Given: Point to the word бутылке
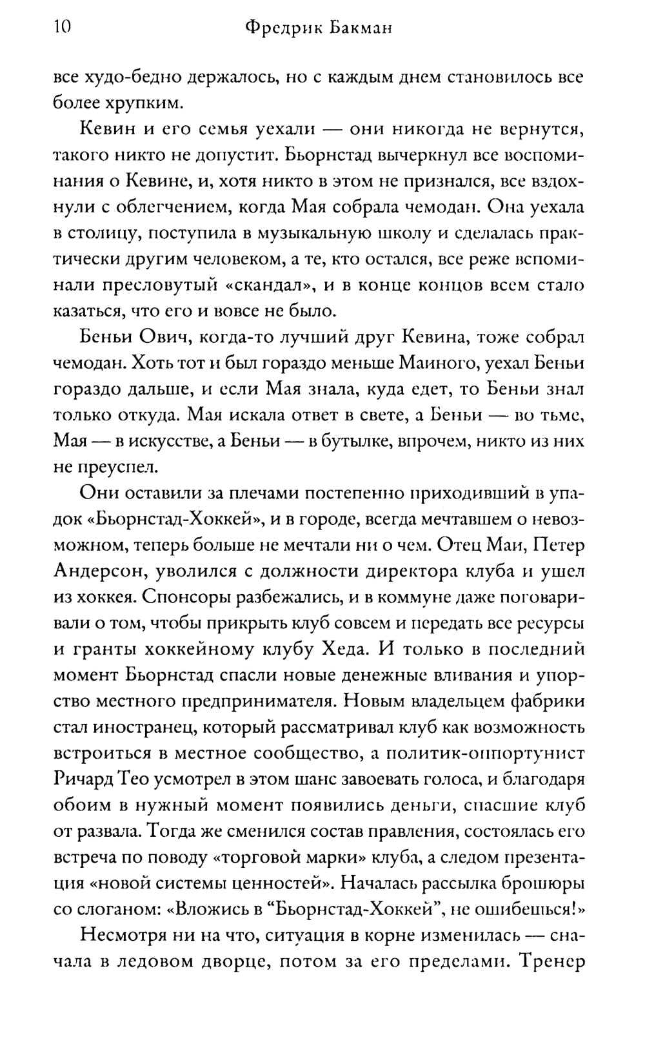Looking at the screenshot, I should (x=349, y=441).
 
